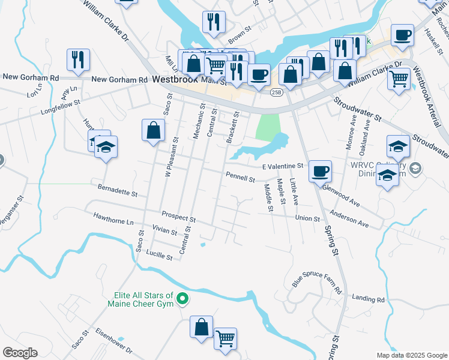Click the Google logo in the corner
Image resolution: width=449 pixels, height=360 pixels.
[20, 353]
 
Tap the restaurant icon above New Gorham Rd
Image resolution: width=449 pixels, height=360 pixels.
[79, 59]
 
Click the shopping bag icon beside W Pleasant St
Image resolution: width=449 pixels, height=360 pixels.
[153, 130]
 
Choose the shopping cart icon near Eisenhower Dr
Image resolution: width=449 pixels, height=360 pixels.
[225, 339]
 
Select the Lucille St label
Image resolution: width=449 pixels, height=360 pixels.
[159, 256]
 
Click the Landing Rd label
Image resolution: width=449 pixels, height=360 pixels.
[368, 298]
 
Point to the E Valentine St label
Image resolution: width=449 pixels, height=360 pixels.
[284, 166]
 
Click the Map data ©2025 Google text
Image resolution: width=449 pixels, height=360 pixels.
[411, 355]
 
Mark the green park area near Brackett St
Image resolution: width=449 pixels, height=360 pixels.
[268, 127]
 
